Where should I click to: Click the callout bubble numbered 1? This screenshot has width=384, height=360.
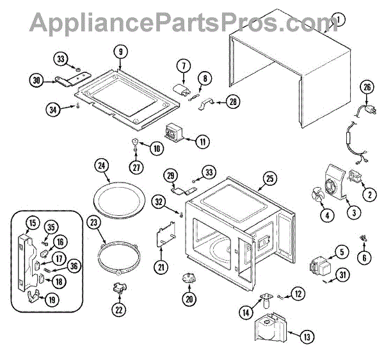pos(337,20)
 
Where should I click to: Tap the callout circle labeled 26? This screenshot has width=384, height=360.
pos(367,88)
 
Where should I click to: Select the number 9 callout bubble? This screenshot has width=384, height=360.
pos(120,51)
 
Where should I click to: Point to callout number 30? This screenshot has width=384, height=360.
pos(36,80)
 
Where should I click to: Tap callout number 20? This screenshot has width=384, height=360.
pos(189,298)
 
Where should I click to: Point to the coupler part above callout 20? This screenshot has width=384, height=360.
pos(189,277)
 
